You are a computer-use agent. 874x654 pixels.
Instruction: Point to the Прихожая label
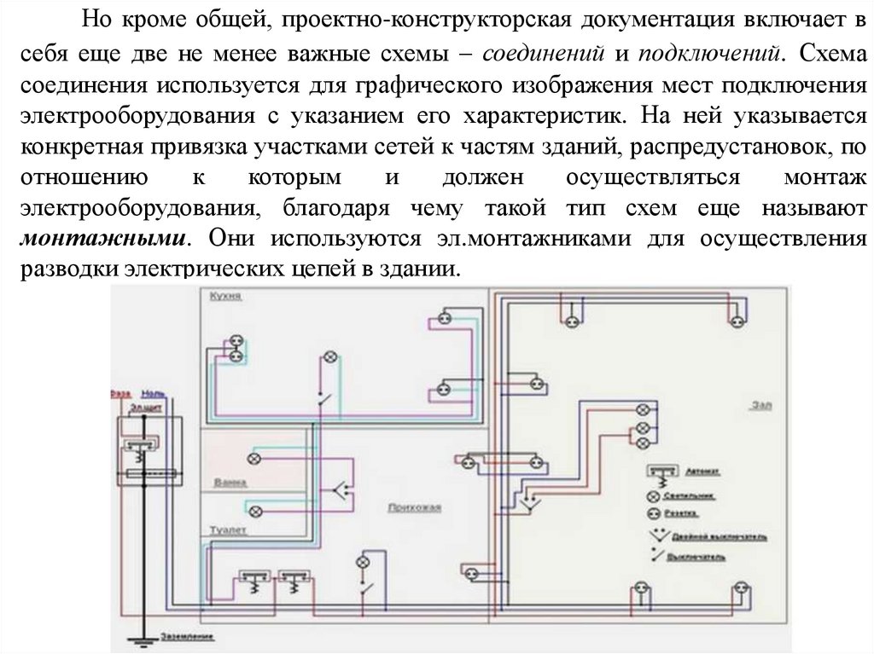414,508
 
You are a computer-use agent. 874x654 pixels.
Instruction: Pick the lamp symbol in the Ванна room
253,459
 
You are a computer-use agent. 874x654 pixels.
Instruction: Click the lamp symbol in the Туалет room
253,511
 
